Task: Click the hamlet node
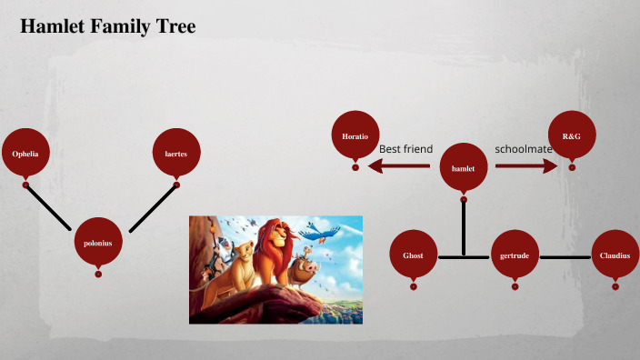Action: [464, 166]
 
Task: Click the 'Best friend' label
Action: [405, 149]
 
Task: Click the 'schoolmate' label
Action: [524, 149]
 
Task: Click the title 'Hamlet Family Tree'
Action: [107, 26]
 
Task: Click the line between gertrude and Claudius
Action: [565, 257]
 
